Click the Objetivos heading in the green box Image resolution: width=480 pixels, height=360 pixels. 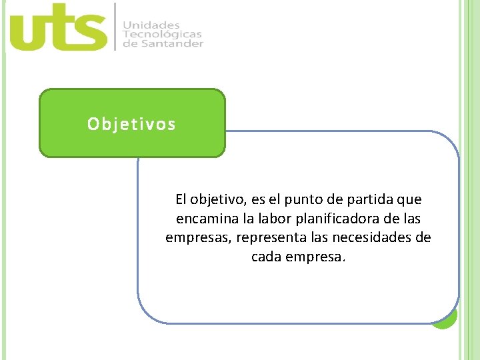[x=132, y=124]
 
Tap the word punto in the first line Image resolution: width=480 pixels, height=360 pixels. [x=309, y=199]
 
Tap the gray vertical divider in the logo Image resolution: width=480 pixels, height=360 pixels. [x=116, y=27]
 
